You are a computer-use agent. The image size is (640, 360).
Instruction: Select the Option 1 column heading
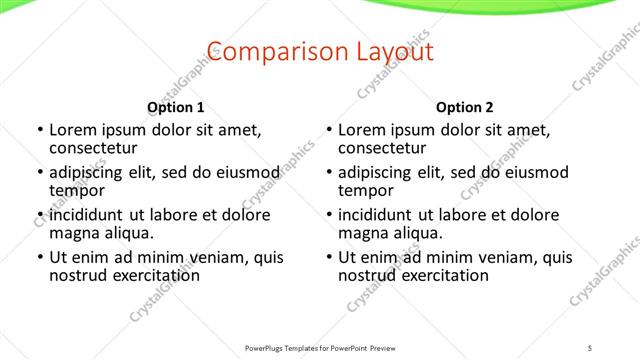pyautogui.click(x=176, y=107)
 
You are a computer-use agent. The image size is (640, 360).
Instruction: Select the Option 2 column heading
pyautogui.click(x=465, y=107)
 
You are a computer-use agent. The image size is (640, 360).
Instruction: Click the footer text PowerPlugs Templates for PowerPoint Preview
pyautogui.click(x=320, y=348)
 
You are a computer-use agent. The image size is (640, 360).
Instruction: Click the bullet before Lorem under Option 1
pyautogui.click(x=39, y=130)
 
